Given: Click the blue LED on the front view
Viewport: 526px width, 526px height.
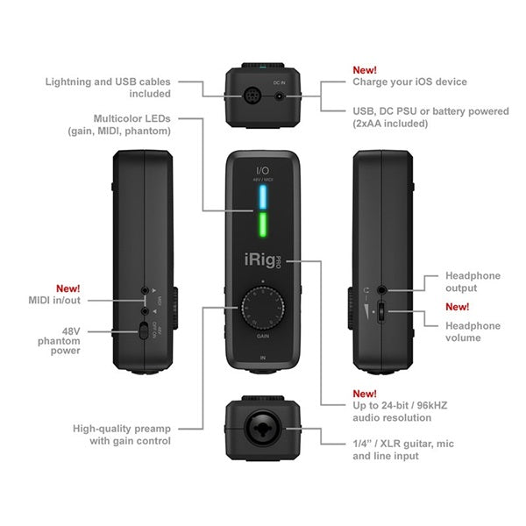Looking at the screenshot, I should point(262,199).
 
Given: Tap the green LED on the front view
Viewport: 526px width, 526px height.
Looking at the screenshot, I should point(262,231).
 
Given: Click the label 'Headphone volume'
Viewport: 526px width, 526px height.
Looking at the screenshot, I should point(473,332).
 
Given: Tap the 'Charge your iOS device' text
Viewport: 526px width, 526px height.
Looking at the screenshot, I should point(409,82).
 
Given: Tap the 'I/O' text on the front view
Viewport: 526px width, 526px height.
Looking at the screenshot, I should point(262,168).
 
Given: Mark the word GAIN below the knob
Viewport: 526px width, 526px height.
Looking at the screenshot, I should point(262,336).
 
